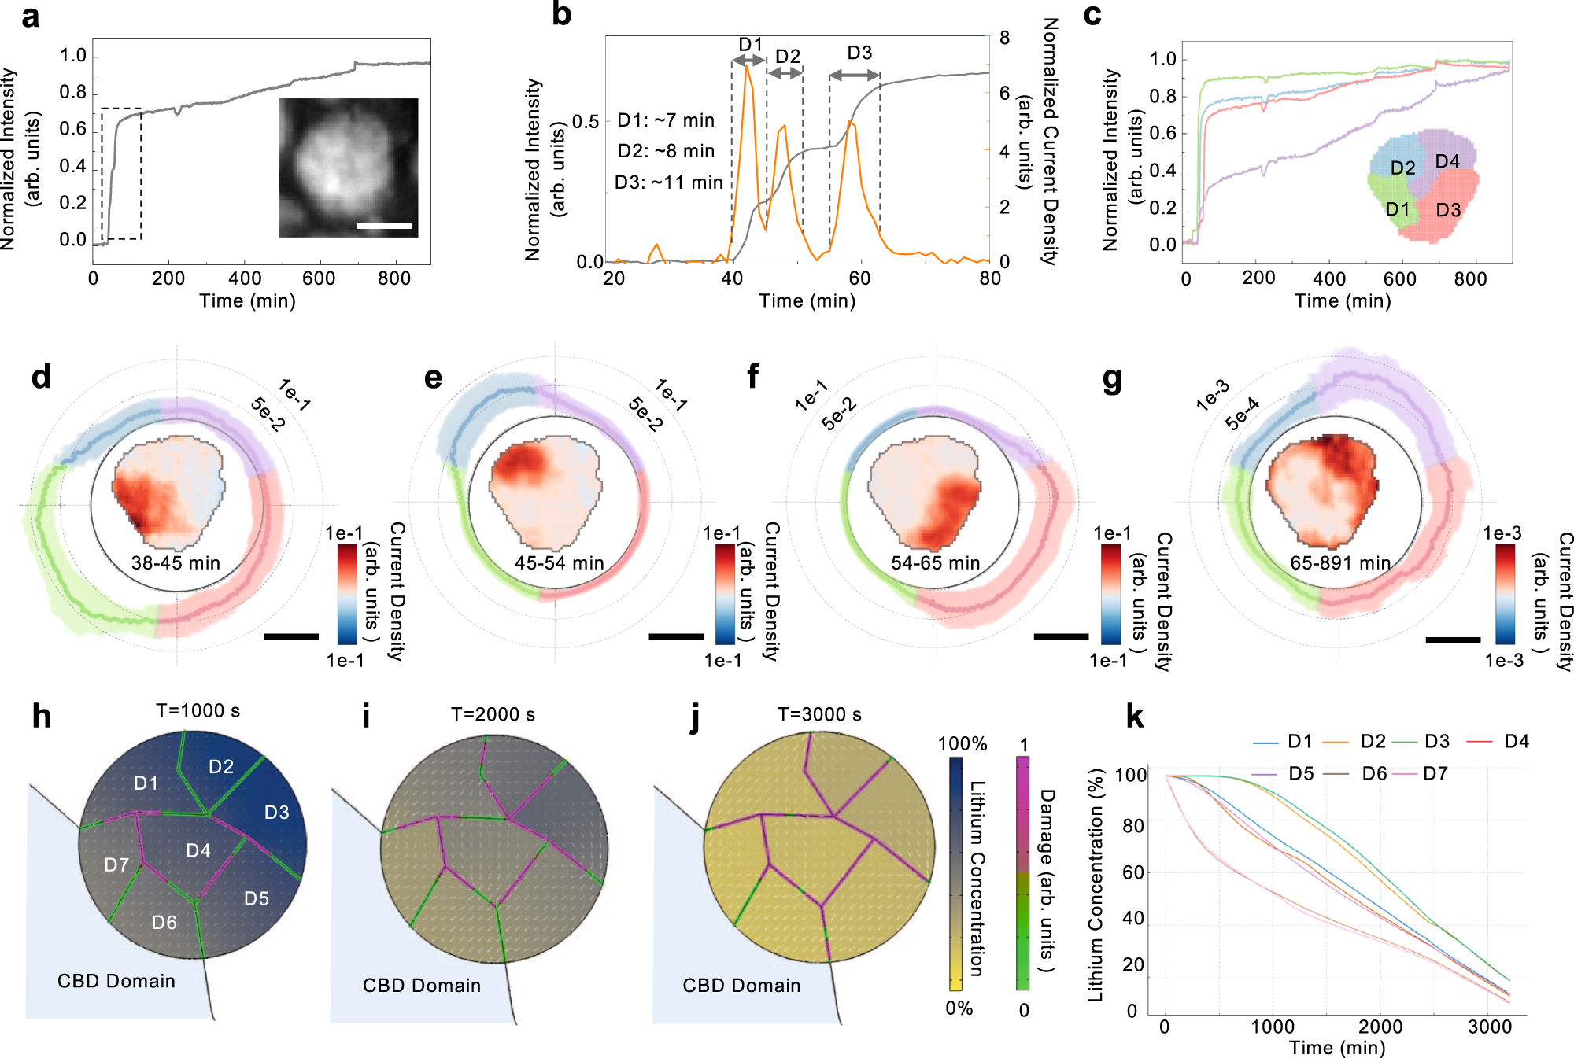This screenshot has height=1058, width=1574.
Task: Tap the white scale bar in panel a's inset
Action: click(x=384, y=226)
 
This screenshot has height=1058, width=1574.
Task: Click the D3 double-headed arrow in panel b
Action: click(x=854, y=75)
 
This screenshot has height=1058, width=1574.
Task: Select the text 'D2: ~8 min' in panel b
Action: click(x=666, y=151)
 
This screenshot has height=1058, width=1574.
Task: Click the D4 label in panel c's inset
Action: click(x=1447, y=161)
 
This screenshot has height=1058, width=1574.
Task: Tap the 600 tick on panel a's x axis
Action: click(x=318, y=278)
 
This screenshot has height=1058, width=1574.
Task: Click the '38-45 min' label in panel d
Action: click(x=176, y=563)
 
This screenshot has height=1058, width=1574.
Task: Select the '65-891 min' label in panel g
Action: click(x=1340, y=563)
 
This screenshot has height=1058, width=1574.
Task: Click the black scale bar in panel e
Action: click(x=676, y=636)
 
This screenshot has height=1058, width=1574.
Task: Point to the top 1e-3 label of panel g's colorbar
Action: click(x=1502, y=533)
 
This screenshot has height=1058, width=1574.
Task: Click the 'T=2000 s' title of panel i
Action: click(x=493, y=714)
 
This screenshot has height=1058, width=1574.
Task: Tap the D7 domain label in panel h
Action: click(x=116, y=865)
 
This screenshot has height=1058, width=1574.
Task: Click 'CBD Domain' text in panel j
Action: click(x=741, y=986)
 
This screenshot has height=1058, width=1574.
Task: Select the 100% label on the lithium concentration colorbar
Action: click(x=962, y=744)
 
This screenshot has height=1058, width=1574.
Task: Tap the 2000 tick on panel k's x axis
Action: click(x=1380, y=1027)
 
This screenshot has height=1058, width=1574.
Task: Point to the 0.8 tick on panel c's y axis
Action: click(x=1162, y=96)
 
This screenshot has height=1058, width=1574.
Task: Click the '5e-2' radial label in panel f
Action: click(x=838, y=414)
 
